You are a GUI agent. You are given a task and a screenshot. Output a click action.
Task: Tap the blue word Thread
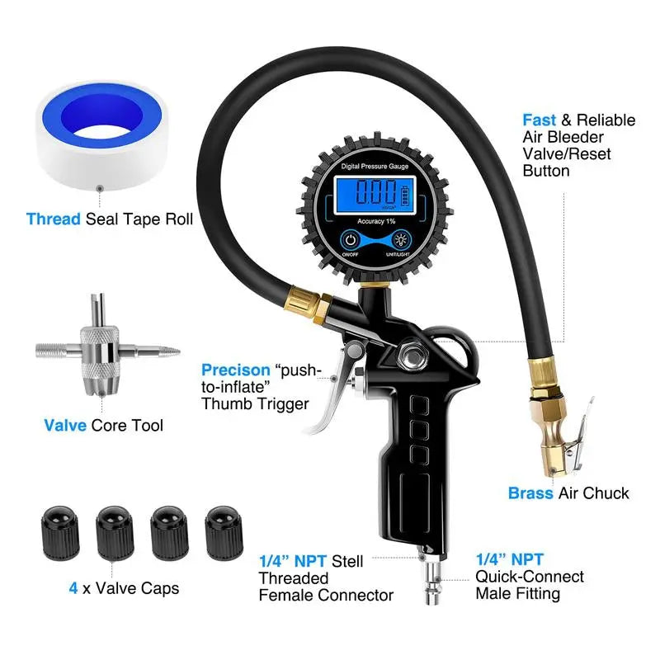pos(53,219)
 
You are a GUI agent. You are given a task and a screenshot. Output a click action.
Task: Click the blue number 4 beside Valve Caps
pos(73,589)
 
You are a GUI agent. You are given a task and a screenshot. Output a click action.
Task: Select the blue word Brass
pos(531,493)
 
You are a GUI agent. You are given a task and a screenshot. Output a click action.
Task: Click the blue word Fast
pos(540,120)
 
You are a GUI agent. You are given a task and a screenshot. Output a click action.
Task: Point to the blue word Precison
pos(236,370)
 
